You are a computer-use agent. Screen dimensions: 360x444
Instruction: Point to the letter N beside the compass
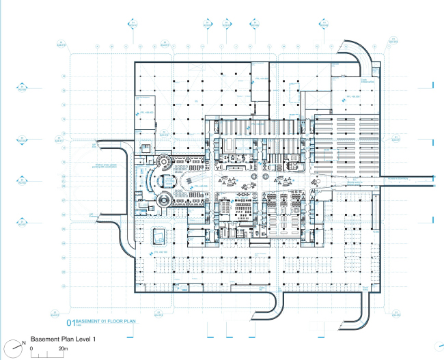click(x=25, y=342)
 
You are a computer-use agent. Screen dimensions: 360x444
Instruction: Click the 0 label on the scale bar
click(x=32, y=348)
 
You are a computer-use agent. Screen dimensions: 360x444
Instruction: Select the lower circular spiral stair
click(x=163, y=201)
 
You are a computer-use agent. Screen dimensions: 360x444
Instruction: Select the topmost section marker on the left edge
click(x=22, y=87)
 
